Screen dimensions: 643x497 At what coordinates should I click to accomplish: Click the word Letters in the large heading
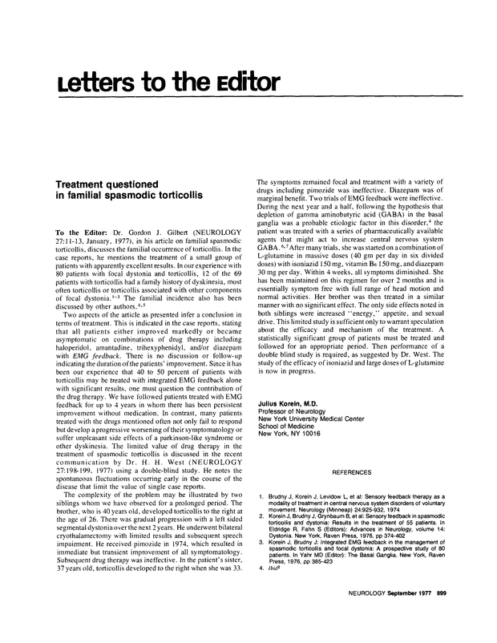tap(91, 83)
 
